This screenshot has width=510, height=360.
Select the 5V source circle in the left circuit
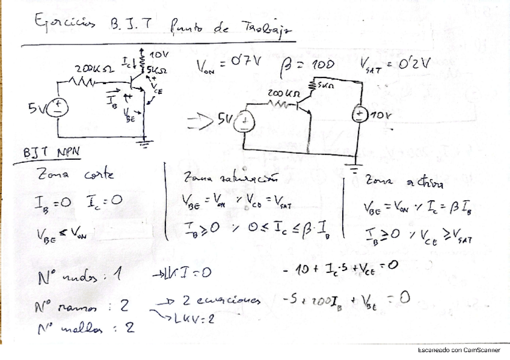tap(59, 108)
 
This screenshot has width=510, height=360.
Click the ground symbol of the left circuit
tap(144, 142)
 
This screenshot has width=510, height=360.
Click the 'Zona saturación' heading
tap(230, 178)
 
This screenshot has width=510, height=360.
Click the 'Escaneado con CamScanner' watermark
tap(459, 350)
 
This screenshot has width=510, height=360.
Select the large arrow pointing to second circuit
tap(200, 123)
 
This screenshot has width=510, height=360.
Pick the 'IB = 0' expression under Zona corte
tap(53, 205)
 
